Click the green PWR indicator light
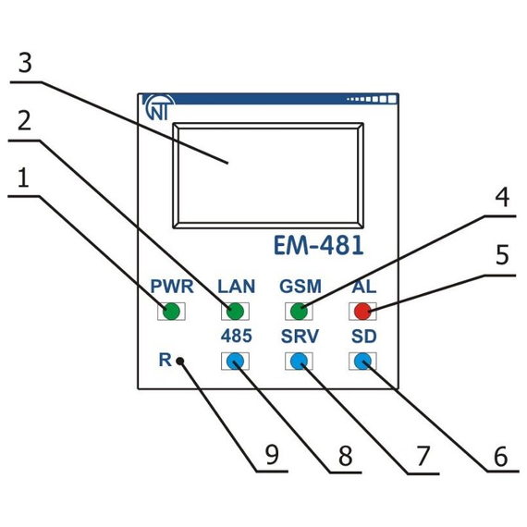(169, 311)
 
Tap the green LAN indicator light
(235, 311)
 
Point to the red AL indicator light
(362, 311)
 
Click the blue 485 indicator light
(235, 361)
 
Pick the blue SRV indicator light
(299, 361)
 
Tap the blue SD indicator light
(362, 361)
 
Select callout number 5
(500, 255)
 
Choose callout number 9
(272, 454)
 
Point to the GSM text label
(300, 286)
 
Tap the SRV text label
(300, 337)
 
